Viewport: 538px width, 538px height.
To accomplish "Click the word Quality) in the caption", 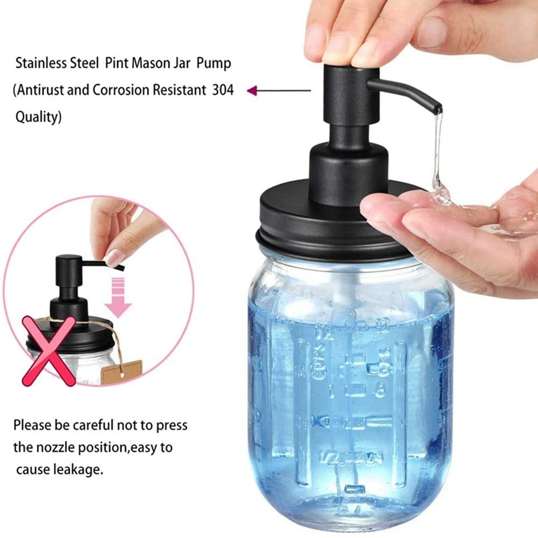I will [x=38, y=117].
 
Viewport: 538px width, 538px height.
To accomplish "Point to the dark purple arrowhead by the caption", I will [x=251, y=91].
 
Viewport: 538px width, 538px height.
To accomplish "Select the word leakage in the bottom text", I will [x=77, y=469].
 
